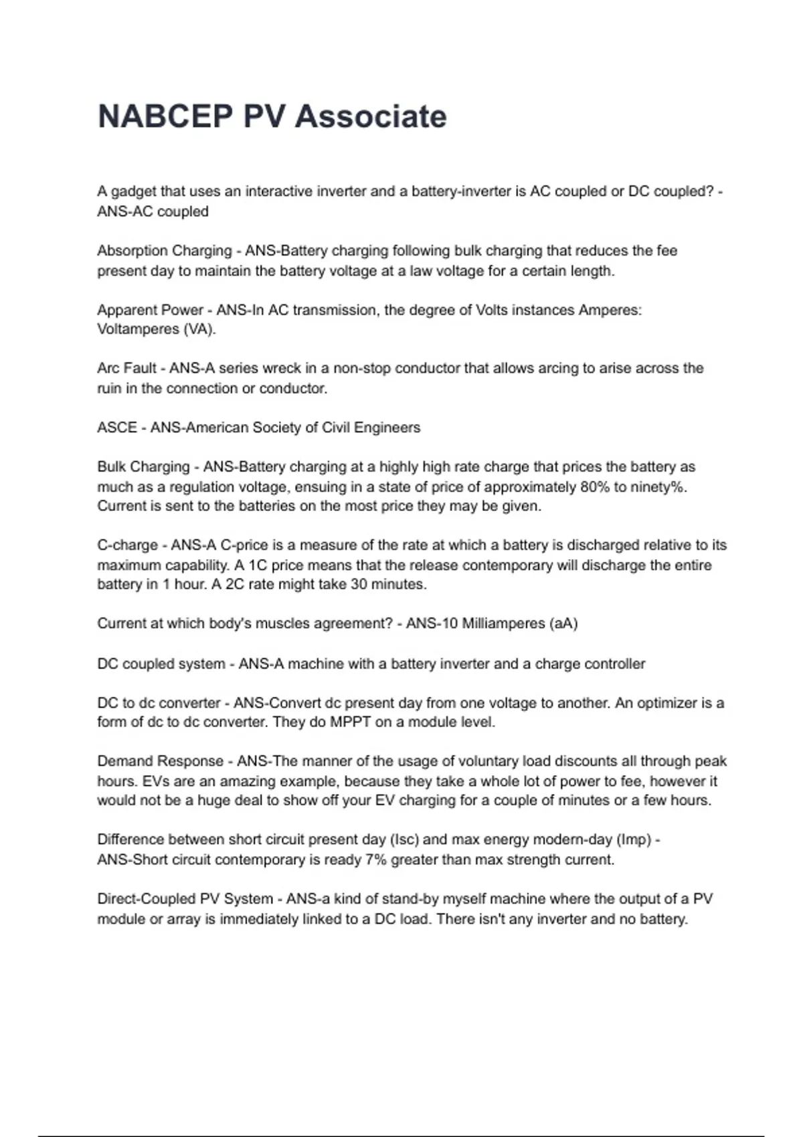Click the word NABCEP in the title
pos(165,116)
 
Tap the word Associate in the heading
pos(371,116)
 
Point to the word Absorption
pos(130,251)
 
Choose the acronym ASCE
pos(116,427)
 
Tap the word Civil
pos(339,427)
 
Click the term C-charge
pos(127,545)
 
